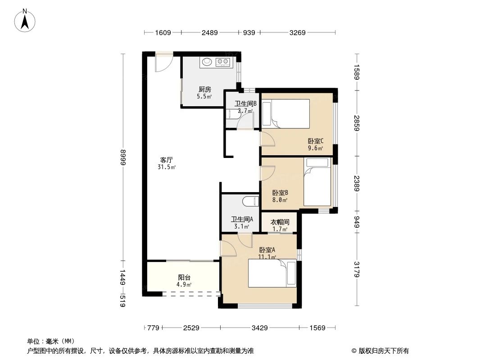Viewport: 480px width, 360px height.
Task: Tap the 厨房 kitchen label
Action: pos(204,89)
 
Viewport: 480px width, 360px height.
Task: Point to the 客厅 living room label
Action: pos(167,159)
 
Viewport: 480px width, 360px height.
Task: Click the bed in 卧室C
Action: pos(286,113)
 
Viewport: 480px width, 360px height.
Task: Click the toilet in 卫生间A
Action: pos(250,201)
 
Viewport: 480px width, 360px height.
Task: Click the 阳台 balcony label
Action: pos(184,277)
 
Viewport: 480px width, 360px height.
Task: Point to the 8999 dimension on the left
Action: pos(122,157)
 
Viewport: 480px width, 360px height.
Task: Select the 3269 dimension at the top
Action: pos(297,32)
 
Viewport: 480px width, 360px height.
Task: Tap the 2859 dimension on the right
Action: pos(357,123)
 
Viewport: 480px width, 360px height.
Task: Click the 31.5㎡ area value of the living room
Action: pos(167,167)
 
